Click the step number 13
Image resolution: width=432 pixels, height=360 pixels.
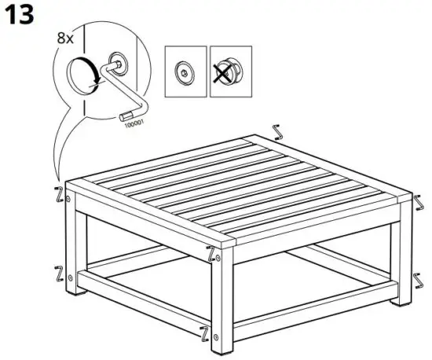[19, 15]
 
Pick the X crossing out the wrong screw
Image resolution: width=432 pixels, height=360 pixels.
[229, 70]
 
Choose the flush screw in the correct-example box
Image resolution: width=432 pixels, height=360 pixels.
[185, 70]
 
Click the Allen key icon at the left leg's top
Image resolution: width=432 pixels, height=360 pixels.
[57, 192]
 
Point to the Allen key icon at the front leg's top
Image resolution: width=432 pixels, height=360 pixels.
[210, 253]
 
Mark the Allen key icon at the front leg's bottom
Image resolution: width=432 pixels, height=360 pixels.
[205, 333]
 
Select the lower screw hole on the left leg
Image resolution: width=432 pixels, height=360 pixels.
[71, 277]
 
